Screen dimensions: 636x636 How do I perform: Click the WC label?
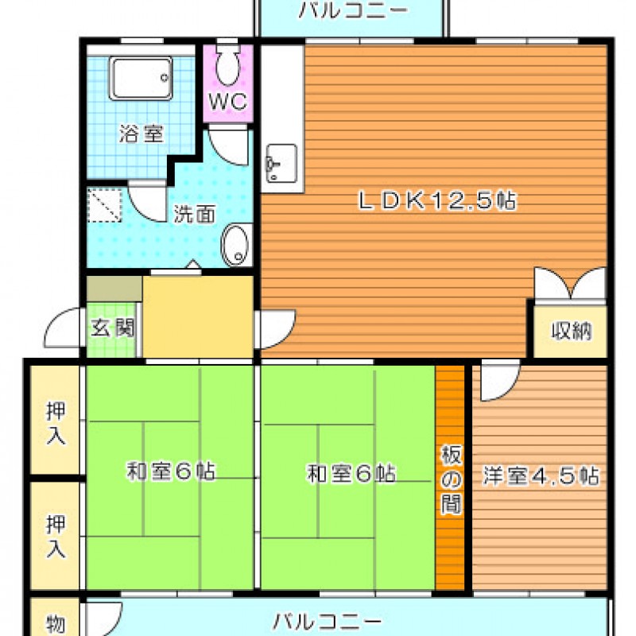227,102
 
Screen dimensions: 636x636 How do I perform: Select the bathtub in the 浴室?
141,78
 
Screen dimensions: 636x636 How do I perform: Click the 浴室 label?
142,133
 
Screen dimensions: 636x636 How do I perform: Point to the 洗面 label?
195,214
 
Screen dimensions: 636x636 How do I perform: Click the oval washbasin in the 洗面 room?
235,246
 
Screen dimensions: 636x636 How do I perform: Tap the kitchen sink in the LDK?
281,163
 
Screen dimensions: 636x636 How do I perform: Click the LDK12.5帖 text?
438,200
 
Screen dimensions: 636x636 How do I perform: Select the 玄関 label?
112,328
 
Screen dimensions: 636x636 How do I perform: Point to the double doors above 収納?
570,284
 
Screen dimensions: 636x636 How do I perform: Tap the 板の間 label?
451,479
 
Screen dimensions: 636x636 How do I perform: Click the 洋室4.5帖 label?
541,475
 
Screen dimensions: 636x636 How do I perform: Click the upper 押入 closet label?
56,423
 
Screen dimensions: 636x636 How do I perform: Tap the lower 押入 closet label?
56,536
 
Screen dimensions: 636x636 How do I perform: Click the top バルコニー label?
352,10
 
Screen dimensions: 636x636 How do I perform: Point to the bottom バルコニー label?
327,622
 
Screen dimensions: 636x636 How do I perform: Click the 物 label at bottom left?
56,625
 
